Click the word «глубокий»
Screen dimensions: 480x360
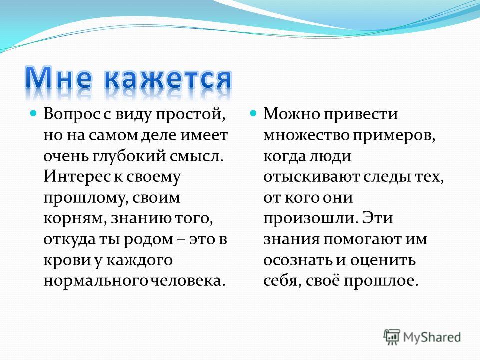coord(130,156)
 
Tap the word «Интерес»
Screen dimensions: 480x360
coord(77,176)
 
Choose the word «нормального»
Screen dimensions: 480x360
coord(96,281)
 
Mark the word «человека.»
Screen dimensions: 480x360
coord(188,281)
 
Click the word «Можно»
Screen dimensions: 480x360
coord(291,114)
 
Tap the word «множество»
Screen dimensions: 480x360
coord(306,135)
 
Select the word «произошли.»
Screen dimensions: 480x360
coord(310,219)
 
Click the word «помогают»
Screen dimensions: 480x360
coord(363,239)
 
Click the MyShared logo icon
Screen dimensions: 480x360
coord(392,337)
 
